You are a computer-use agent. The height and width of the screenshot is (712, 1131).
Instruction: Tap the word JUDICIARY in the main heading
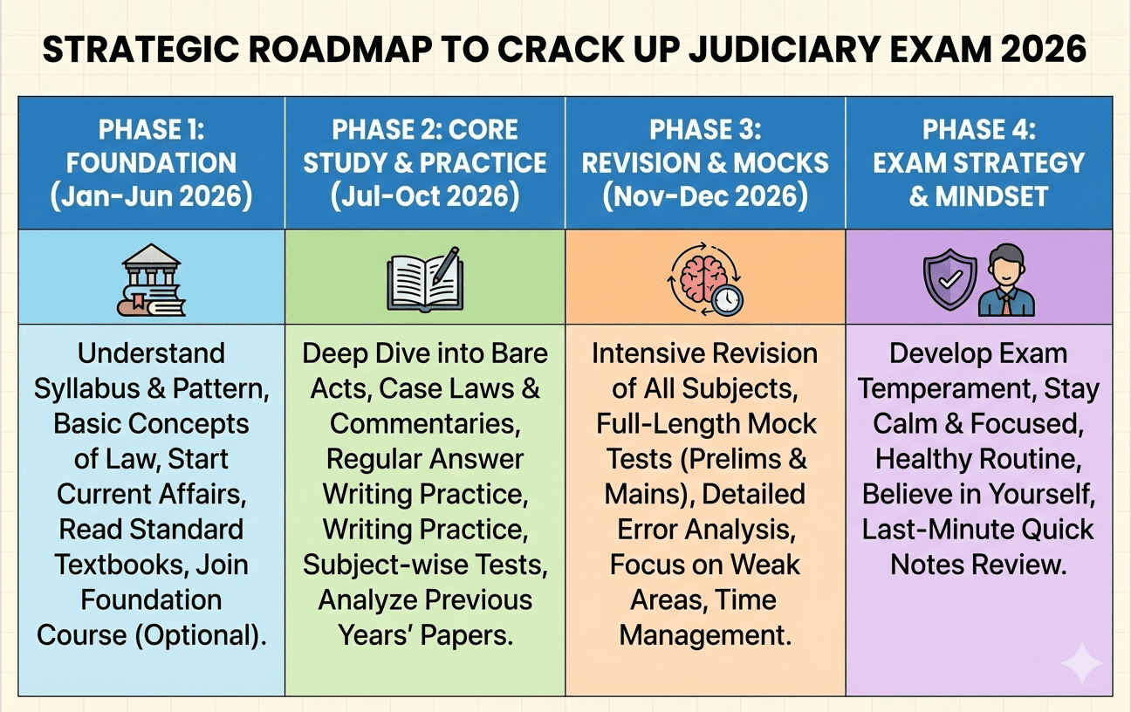click(808, 50)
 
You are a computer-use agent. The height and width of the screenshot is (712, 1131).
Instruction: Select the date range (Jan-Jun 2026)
click(152, 195)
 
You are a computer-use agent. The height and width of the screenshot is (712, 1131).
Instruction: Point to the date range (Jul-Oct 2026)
click(425, 195)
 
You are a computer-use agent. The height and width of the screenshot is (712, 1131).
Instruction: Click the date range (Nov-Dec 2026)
click(705, 195)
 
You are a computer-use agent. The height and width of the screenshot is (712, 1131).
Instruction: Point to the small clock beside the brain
click(726, 300)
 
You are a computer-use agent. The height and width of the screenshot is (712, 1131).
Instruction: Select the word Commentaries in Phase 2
click(424, 423)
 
